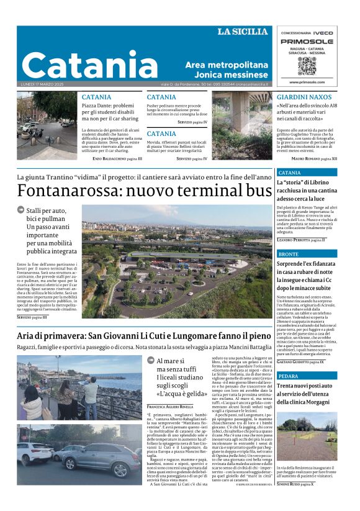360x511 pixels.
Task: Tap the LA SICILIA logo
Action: (243, 32)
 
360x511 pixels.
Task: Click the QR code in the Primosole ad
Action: (307, 65)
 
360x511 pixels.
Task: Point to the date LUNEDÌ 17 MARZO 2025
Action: (43, 84)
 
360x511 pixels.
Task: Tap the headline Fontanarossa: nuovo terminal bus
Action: (140, 191)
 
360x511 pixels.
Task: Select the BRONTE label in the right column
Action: (288, 254)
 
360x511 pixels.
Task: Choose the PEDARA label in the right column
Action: (288, 376)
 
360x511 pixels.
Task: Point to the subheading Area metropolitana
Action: (227, 65)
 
